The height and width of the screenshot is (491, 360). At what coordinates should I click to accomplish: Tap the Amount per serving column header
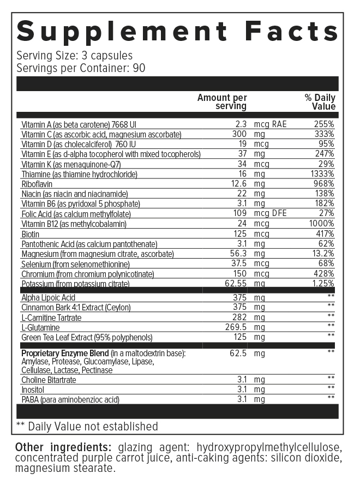222,102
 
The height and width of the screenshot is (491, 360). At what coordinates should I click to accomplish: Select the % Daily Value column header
320,102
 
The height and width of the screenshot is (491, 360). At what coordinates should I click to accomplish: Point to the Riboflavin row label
36,184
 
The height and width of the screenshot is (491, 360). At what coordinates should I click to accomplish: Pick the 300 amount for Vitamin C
239,134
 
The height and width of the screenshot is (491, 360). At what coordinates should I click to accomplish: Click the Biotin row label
30,234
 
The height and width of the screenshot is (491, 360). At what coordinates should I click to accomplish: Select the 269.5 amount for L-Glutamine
236,327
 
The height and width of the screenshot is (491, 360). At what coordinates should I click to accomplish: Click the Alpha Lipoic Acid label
48,298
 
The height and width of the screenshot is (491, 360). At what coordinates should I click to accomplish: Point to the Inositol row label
33,390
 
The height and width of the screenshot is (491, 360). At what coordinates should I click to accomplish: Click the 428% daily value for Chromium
322,273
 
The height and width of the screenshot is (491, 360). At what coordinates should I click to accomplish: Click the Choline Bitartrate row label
49,380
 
